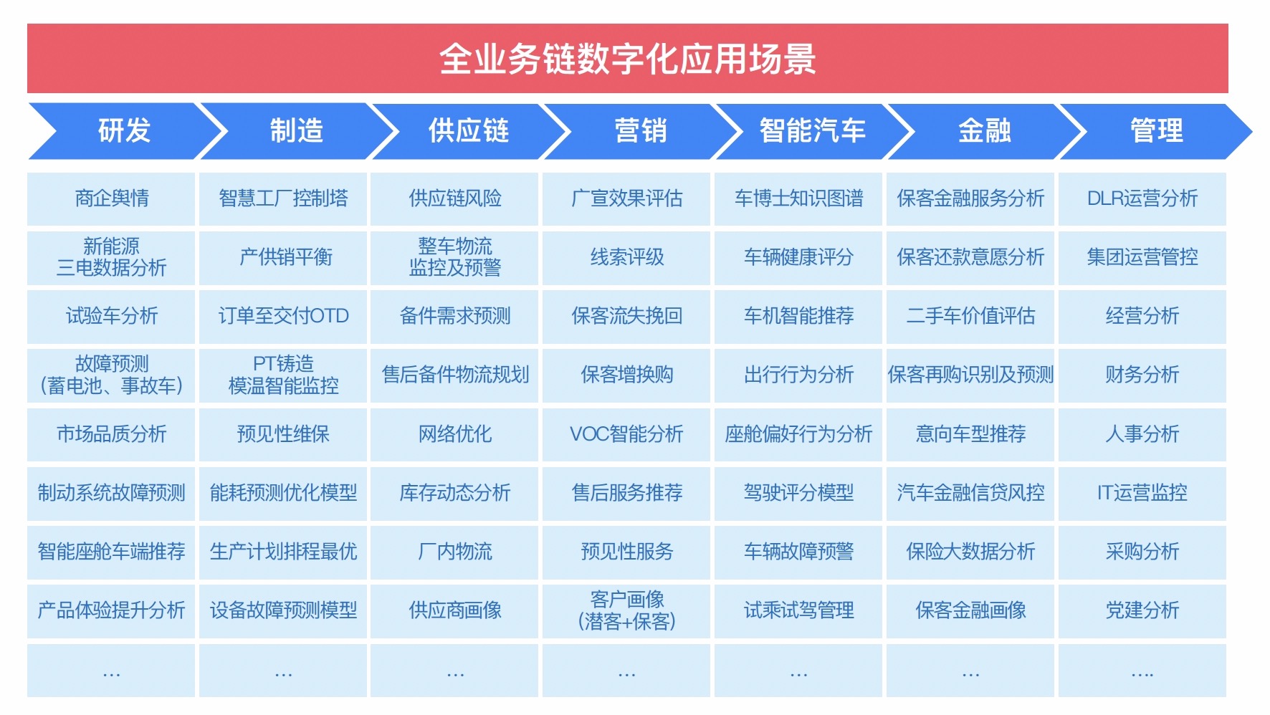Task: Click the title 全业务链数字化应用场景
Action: coord(627,59)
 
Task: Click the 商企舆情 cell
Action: coord(111,198)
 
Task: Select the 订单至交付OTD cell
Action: coord(283,316)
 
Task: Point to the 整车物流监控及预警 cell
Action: coord(455,257)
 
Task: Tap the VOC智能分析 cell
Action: coord(626,434)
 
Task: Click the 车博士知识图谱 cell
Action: coord(798,198)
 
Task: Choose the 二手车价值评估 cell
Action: coord(970,316)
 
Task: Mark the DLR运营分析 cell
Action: coord(1142,198)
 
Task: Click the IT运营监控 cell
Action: coord(1142,493)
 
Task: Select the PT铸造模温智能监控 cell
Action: coord(283,375)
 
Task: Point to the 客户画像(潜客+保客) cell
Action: coord(626,610)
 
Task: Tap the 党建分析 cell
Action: coord(1142,610)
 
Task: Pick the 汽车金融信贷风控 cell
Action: coord(970,493)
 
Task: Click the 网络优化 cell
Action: coord(455,434)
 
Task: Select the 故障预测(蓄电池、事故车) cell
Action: coord(111,375)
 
